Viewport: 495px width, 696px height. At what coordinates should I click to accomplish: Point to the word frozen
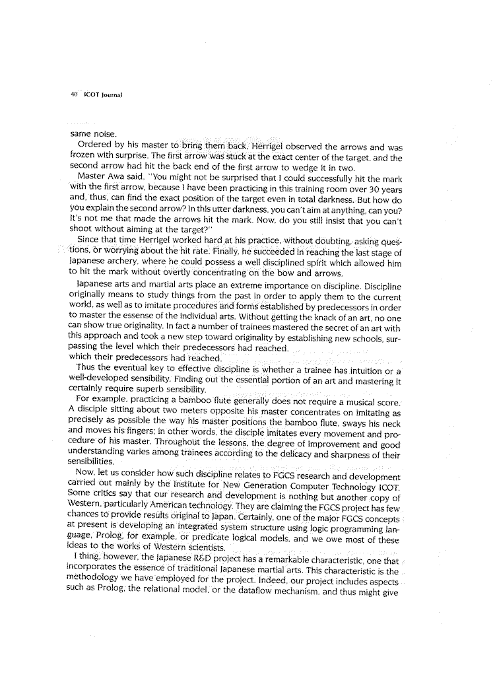pyautogui.click(x=83, y=158)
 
